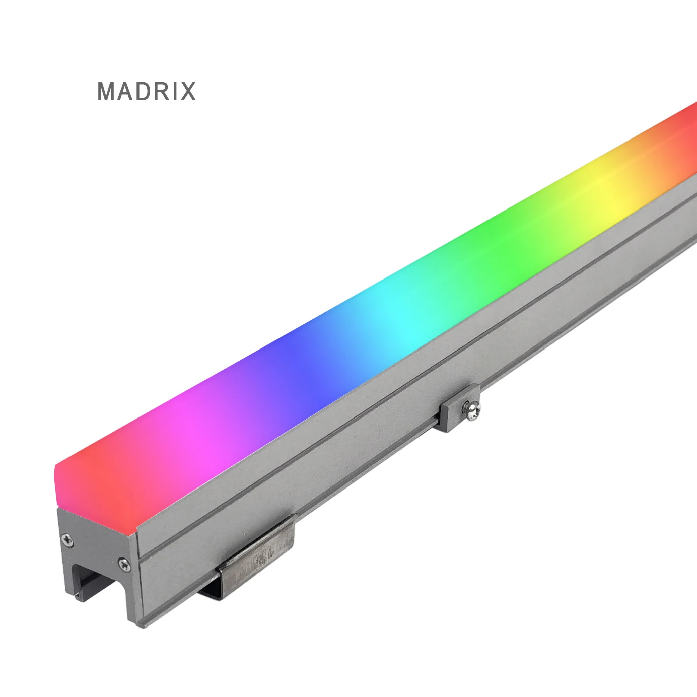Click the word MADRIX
[146, 91]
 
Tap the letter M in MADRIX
[107, 91]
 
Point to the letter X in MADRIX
[187, 91]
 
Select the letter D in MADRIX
[142, 91]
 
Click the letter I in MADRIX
[172, 91]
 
